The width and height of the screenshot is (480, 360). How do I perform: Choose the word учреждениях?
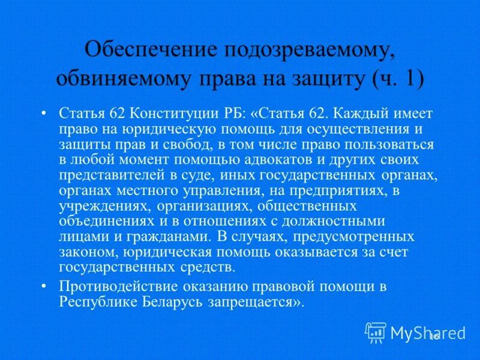coord(106,206)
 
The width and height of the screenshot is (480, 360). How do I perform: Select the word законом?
coord(82,252)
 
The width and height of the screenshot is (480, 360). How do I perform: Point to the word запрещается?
coord(258,302)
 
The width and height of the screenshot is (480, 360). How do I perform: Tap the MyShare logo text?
coord(428,332)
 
